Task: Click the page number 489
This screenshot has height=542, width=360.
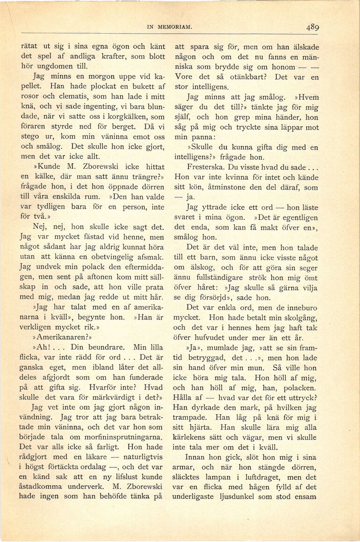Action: (313, 27)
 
